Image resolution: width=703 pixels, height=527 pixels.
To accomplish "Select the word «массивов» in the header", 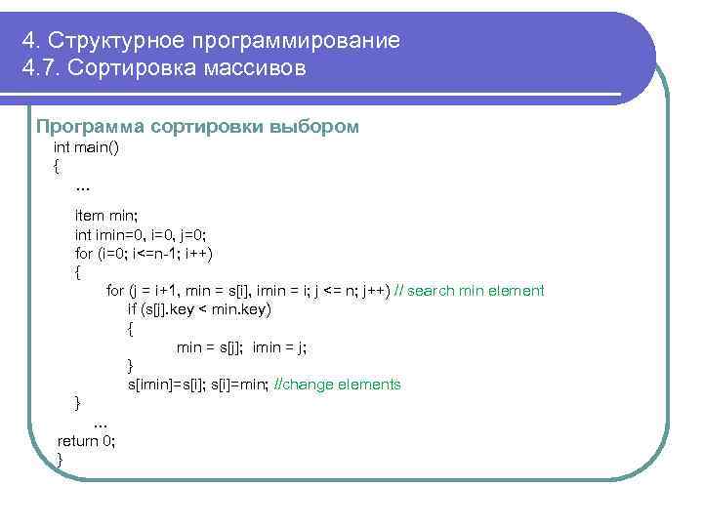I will click(x=259, y=69).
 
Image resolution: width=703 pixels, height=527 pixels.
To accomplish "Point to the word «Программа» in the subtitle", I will click(x=82, y=127).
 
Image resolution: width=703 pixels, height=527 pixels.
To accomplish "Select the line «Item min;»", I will click(x=106, y=214).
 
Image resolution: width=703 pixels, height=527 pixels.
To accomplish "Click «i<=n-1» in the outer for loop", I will click(x=143, y=254).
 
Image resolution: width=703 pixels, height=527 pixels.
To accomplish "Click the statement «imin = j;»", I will click(x=279, y=346).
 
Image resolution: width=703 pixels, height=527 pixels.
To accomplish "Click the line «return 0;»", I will click(x=86, y=440).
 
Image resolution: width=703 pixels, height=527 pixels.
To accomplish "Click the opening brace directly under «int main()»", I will click(x=57, y=166).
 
